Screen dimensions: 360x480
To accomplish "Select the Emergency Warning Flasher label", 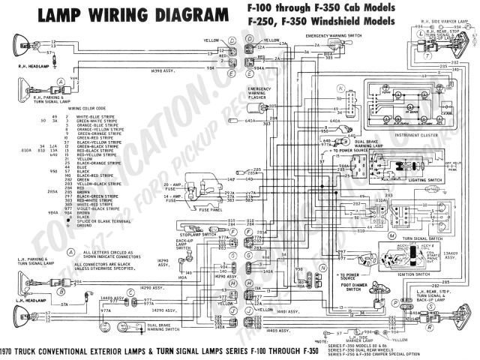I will pyautogui.click(x=259, y=93).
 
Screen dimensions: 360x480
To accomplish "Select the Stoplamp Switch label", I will pyautogui.click(x=196, y=235).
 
